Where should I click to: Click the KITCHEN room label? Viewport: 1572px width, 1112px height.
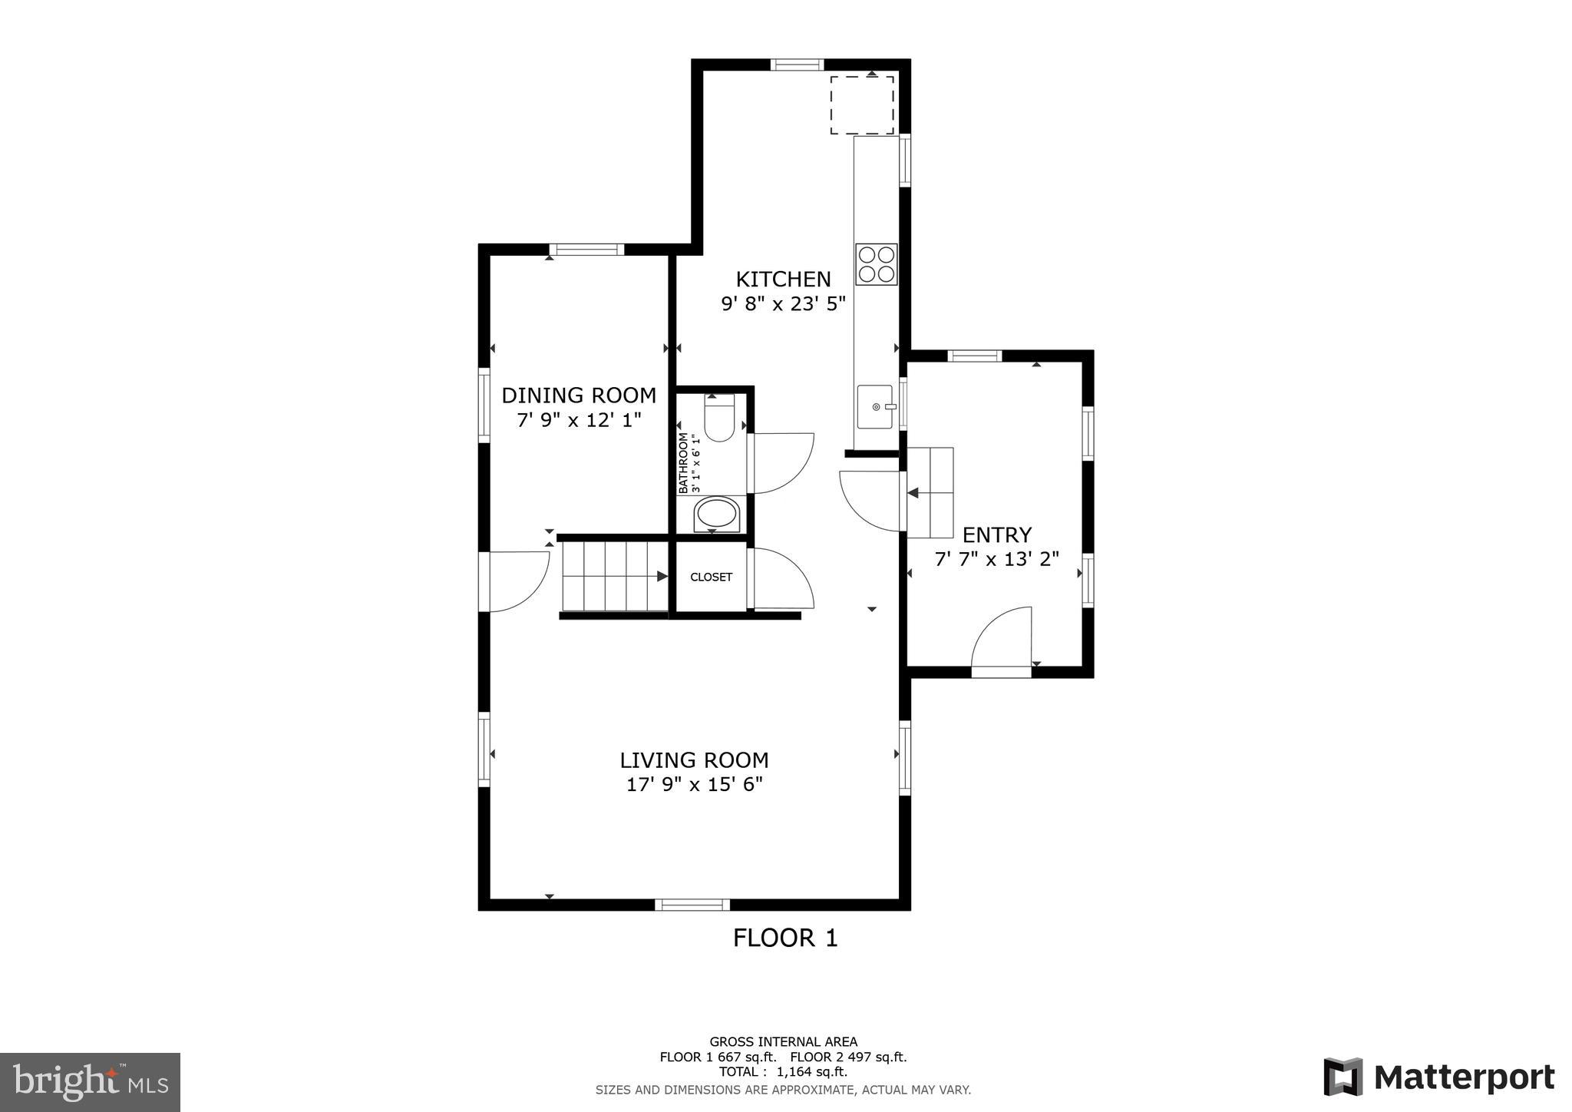[x=783, y=279]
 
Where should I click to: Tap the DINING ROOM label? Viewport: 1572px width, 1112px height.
[x=579, y=395]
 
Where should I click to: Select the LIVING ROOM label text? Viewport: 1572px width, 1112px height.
[x=694, y=760]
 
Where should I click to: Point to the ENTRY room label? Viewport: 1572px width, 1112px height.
[x=996, y=534]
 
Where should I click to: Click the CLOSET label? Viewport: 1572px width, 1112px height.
[x=711, y=578]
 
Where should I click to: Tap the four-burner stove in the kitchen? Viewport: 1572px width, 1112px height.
[x=876, y=264]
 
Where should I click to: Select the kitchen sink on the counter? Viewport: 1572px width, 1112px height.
[x=875, y=407]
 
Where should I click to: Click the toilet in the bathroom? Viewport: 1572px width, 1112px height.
[x=719, y=418]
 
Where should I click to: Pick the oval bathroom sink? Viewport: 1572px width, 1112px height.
[x=716, y=514]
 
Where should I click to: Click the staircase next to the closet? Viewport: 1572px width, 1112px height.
[x=614, y=576]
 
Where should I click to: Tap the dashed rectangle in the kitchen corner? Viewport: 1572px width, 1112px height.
[x=861, y=105]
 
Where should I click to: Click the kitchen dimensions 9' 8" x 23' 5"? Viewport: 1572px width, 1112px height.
[x=783, y=304]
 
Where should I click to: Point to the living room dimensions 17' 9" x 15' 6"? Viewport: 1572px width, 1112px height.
[x=694, y=785]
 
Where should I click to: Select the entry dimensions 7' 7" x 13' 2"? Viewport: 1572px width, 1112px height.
[x=996, y=559]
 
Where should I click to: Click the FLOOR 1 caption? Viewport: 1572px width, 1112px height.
[x=784, y=938]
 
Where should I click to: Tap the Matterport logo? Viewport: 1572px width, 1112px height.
[x=1438, y=1077]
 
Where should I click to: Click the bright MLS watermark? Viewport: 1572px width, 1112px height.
[x=91, y=1082]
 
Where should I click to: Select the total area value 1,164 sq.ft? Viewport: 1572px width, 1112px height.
[x=812, y=1072]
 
